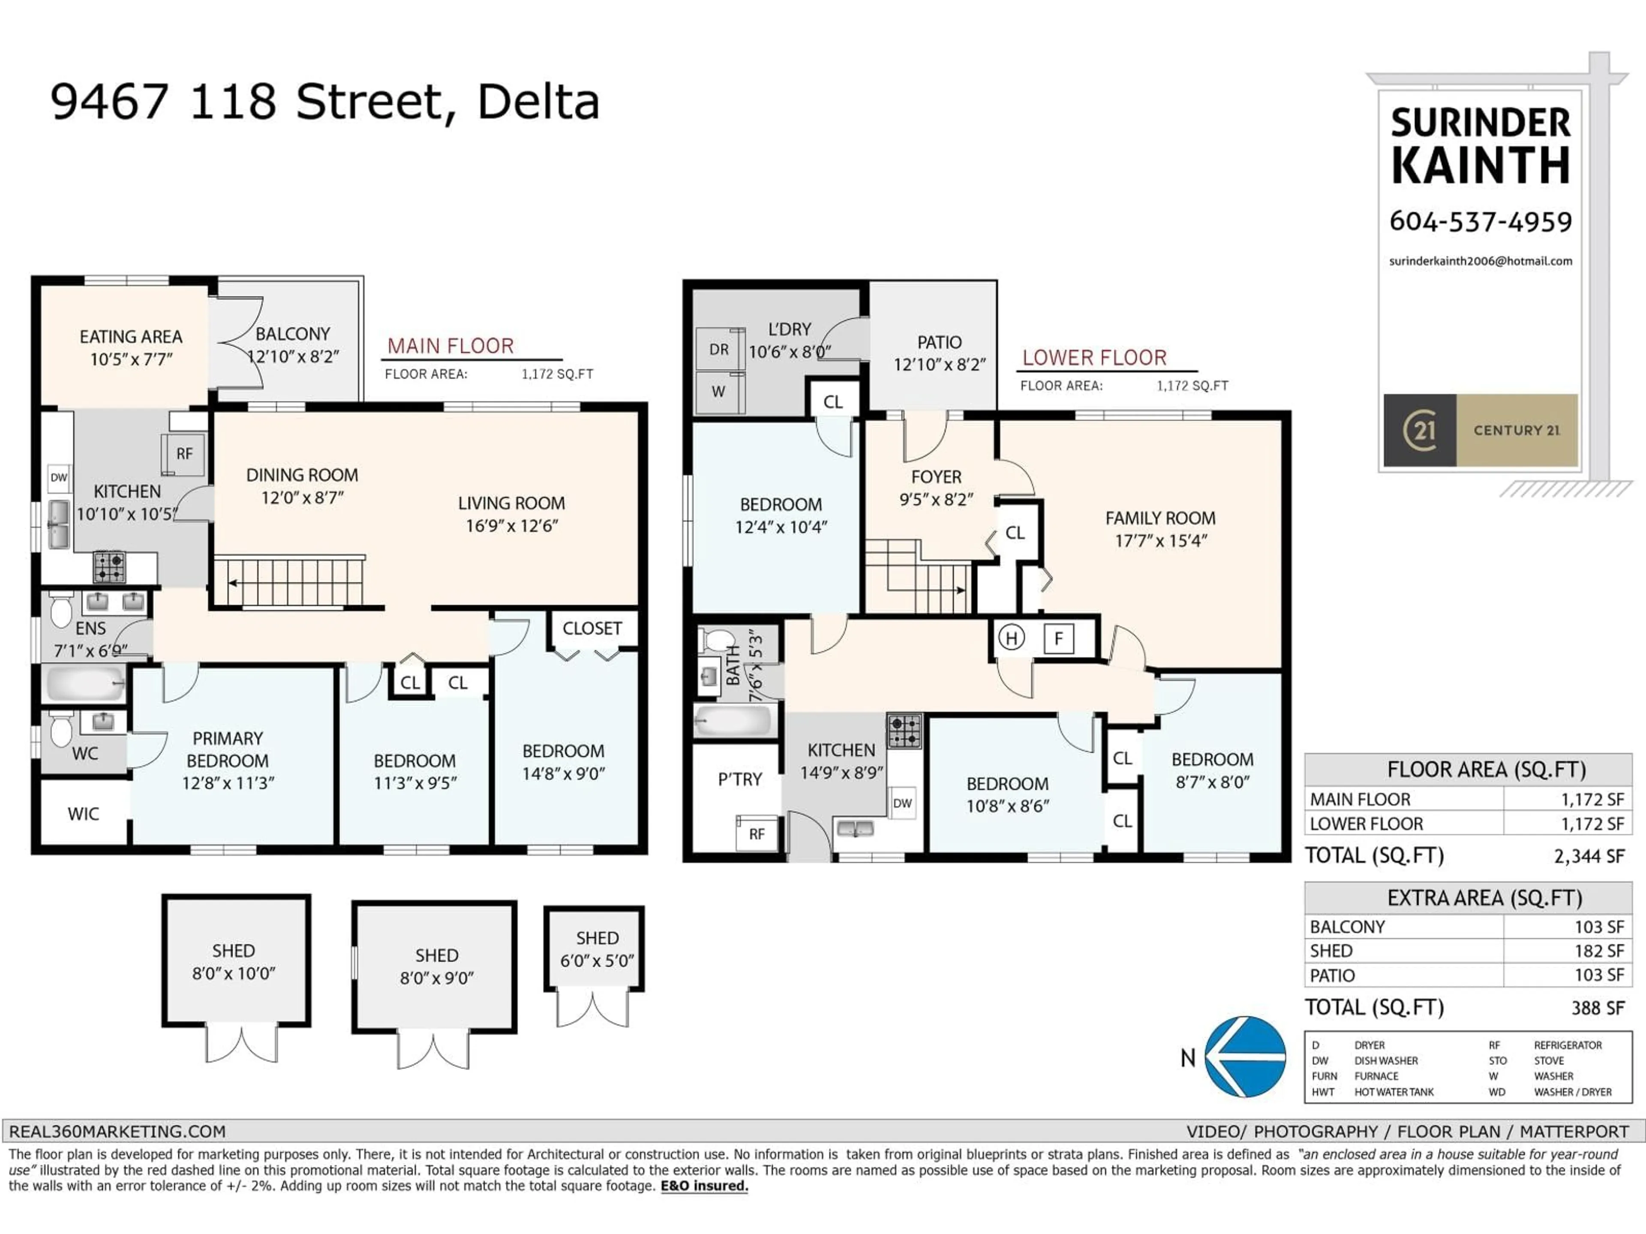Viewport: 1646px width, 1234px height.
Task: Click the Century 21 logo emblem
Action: coord(1419,430)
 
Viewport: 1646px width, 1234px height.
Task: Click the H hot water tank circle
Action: coord(1011,638)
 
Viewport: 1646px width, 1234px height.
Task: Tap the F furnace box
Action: coord(1058,638)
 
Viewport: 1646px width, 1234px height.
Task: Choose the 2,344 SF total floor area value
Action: coord(1588,856)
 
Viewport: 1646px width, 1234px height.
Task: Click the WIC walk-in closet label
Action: coord(83,814)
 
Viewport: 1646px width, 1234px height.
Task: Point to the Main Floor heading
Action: coord(450,346)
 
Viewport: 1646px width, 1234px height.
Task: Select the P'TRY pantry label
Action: coord(740,779)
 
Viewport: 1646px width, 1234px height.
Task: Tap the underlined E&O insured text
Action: coord(704,1186)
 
